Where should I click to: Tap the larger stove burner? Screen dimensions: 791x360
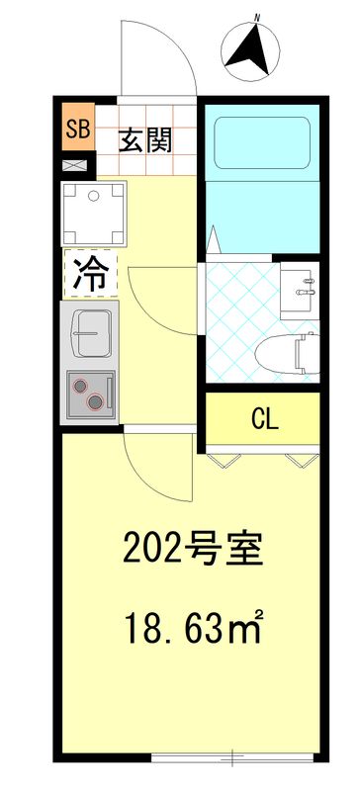point(95,400)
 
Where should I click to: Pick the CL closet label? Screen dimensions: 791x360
point(264,419)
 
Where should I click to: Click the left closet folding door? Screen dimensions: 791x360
point(226,457)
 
